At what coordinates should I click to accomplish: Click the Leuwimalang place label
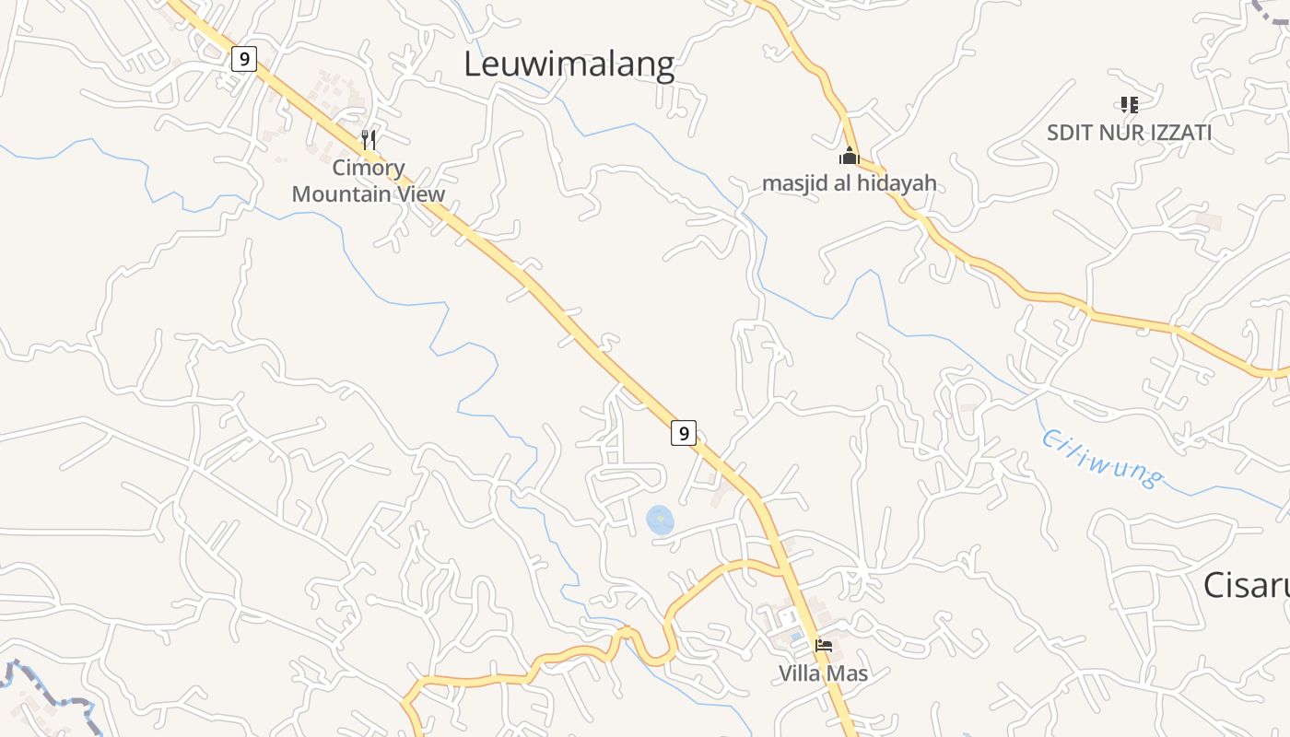coord(569,64)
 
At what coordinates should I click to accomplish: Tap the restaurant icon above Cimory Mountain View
coord(369,140)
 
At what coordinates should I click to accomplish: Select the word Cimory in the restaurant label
coord(369,168)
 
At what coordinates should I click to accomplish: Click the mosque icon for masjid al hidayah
coord(849,156)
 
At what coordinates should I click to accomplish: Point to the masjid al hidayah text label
coord(849,183)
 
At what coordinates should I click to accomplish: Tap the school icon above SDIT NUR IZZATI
coord(1129,105)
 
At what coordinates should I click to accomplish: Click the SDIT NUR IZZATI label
coord(1129,133)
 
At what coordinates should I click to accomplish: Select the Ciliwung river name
coord(1101,457)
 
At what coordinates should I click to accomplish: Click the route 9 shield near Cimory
coord(243,60)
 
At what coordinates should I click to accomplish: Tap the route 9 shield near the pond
coord(683,432)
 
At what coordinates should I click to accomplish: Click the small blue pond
coord(660,521)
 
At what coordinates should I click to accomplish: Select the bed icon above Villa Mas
coord(823,645)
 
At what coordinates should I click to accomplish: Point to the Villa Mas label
coord(823,673)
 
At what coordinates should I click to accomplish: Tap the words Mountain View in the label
coord(369,194)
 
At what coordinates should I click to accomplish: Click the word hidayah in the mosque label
coord(897,183)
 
